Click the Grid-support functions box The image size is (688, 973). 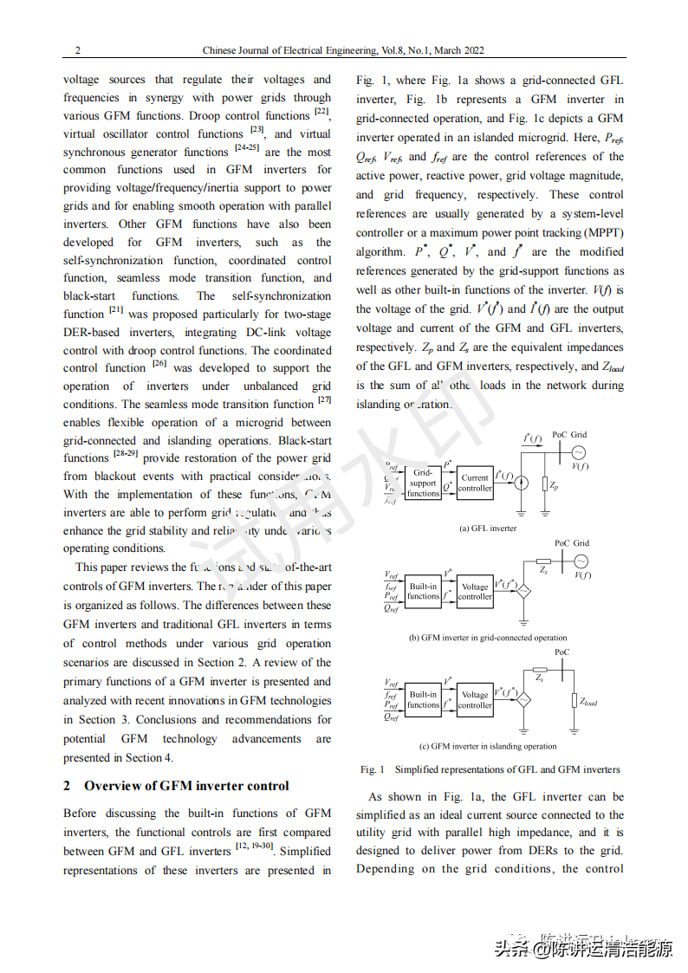(423, 483)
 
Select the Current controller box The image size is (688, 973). (475, 483)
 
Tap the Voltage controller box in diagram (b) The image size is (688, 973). (475, 592)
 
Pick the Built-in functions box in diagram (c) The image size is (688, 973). (423, 700)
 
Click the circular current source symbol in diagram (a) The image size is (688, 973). (520, 483)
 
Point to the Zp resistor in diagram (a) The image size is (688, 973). (544, 485)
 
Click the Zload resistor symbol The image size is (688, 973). (574, 701)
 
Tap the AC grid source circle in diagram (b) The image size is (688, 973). (581, 561)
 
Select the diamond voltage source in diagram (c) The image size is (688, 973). (523, 700)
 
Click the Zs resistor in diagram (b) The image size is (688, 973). (543, 561)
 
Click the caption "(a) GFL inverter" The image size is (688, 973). (488, 528)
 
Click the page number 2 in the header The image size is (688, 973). (78, 50)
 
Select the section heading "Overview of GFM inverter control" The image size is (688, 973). (186, 786)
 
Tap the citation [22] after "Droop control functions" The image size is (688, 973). (321, 112)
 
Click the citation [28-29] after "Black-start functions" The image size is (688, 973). (126, 454)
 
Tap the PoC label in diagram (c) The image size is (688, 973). (561, 652)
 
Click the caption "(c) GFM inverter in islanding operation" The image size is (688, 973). (488, 746)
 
